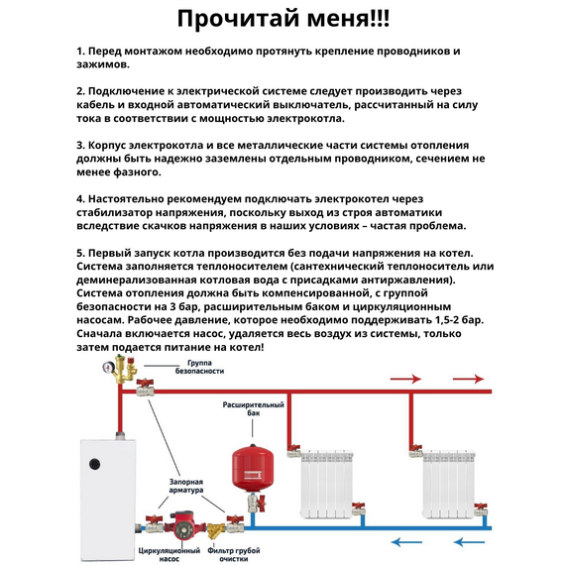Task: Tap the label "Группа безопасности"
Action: (x=199, y=367)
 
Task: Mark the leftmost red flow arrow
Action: (x=407, y=379)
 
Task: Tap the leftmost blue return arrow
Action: (x=406, y=541)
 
